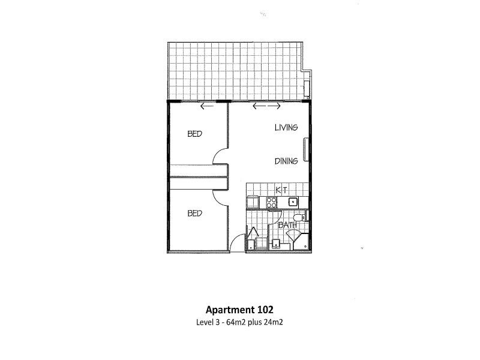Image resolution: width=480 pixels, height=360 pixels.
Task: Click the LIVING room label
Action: (286, 127)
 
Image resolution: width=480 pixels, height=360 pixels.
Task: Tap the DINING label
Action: (286, 161)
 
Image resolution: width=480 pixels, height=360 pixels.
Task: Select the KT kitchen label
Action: (281, 190)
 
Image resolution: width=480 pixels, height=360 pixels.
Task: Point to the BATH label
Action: (287, 225)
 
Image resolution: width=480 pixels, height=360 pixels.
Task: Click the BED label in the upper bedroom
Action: (194, 134)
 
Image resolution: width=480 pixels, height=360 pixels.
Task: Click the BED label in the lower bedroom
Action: (194, 213)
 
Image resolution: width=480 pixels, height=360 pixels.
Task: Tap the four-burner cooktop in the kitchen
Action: (272, 203)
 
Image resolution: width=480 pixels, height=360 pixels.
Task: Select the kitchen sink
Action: (293, 202)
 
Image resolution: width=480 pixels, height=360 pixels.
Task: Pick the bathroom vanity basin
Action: (277, 244)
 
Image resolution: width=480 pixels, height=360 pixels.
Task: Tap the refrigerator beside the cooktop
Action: (253, 202)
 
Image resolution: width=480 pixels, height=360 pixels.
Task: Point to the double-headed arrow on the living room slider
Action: (266, 106)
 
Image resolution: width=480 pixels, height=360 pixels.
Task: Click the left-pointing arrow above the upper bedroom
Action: (207, 106)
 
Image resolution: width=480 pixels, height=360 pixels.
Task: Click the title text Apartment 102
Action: (239, 310)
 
